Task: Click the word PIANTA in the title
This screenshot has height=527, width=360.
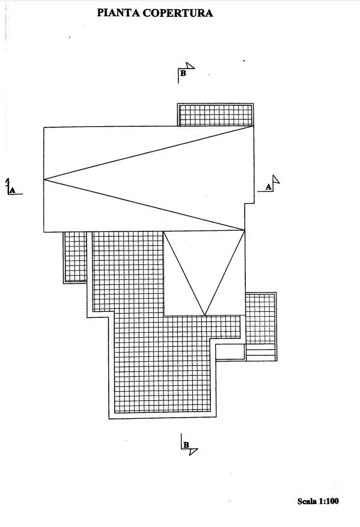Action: point(118,13)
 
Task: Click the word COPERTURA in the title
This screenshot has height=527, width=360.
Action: point(178,13)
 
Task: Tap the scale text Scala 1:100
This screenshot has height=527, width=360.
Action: point(318,501)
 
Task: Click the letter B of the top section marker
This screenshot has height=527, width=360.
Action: point(183,73)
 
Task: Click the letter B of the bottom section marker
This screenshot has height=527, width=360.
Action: point(186,445)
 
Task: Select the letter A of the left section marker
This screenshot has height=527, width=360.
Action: point(13,190)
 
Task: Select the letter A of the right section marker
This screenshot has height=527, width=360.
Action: point(268,187)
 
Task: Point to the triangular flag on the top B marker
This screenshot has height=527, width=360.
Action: point(190,66)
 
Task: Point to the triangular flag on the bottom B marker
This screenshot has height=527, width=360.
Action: point(193,451)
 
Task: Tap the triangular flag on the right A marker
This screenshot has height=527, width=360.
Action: point(276,180)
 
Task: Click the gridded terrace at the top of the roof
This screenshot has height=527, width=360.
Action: point(216,115)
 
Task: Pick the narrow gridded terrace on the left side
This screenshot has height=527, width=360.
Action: point(75,257)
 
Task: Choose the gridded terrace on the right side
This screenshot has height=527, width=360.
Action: point(261,318)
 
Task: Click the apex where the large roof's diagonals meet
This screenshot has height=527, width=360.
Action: point(44,180)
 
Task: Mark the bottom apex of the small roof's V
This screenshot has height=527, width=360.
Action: point(205,315)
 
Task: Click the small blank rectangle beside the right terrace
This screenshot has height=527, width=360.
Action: point(230,352)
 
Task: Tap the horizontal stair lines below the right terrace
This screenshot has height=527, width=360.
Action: point(261,353)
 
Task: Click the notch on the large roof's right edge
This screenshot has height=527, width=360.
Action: point(249,203)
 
